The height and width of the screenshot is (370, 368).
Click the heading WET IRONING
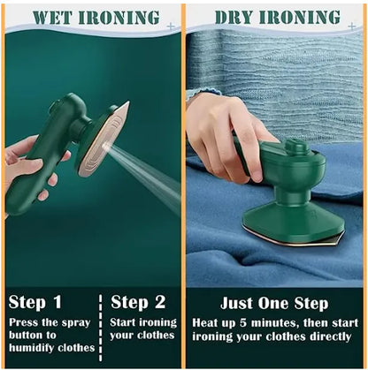[x=96, y=17]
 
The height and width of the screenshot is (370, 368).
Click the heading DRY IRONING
[x=277, y=17]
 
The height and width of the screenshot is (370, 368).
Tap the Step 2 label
[x=138, y=302]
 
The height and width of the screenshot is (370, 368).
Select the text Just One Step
[x=276, y=302]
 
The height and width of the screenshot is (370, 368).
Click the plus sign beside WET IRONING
[x=171, y=26]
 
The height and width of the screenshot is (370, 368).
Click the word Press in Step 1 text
[x=26, y=322]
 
